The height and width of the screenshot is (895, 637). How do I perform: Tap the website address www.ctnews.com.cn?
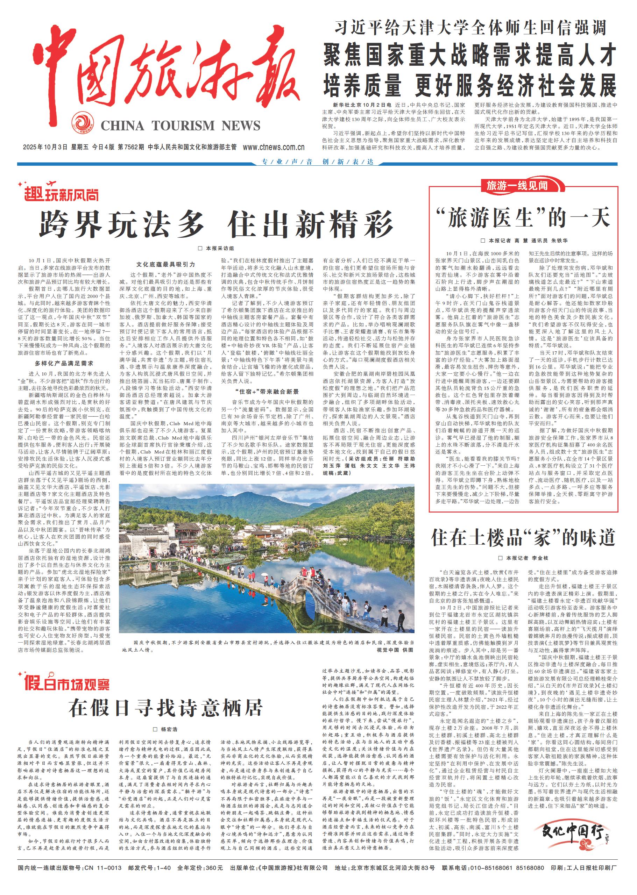(x=274, y=148)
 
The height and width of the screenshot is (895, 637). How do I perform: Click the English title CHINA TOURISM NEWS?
(x=181, y=126)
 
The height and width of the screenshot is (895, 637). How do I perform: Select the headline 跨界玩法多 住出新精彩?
(x=216, y=224)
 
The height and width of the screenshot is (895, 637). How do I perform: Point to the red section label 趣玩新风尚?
(x=61, y=193)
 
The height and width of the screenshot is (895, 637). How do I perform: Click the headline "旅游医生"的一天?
(x=523, y=218)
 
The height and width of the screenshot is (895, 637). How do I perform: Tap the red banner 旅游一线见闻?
(x=517, y=185)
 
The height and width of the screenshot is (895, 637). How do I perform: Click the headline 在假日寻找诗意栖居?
(x=165, y=708)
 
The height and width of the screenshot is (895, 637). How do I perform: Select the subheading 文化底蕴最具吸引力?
(x=165, y=264)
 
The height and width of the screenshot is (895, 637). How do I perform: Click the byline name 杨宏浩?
(x=169, y=729)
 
